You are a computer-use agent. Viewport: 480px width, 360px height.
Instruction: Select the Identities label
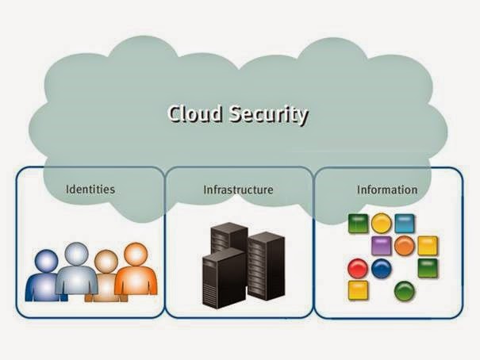pos(90,190)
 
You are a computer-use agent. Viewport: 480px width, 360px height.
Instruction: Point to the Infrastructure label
pos(238,190)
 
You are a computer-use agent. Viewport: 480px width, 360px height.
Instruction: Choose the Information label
pos(386,190)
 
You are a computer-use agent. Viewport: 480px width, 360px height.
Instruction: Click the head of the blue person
pos(46,261)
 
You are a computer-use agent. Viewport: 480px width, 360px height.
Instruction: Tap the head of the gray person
pos(76,254)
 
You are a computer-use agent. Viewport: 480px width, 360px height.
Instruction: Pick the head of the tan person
pos(106,261)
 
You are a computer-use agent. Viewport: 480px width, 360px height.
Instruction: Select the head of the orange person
pos(136,254)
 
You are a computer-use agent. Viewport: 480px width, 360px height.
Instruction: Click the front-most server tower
pos(223,278)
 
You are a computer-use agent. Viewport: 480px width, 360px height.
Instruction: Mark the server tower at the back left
pos(228,238)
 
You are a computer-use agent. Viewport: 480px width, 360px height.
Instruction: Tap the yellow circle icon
pos(382,224)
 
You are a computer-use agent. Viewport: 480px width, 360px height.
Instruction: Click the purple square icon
pos(382,246)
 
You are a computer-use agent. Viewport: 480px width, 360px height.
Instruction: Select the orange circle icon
pos(405,246)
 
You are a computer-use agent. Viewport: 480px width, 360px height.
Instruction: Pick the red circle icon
pos(358,269)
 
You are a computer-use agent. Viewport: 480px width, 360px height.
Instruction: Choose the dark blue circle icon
pos(382,269)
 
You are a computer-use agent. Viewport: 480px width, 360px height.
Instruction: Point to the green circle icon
pos(405,291)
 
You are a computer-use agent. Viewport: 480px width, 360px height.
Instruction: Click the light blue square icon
pos(405,224)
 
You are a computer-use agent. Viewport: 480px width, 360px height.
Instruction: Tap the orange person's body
pos(136,281)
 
